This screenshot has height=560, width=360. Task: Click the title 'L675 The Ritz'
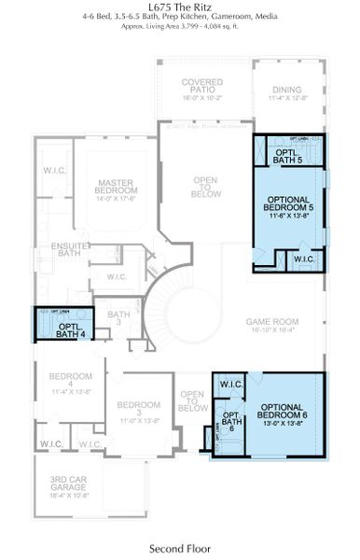point(179,6)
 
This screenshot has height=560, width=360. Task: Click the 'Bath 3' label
point(118,319)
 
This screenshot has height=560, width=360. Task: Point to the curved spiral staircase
point(177,322)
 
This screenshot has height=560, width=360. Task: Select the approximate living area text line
point(179,27)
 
